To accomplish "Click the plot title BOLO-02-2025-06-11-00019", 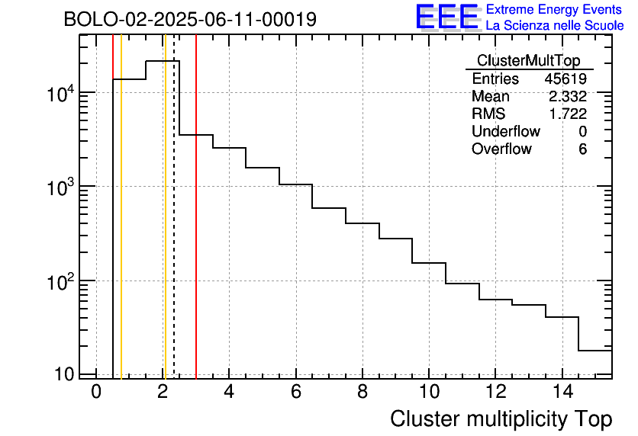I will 190,20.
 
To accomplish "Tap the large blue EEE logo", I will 447,17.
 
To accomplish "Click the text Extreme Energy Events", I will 555,10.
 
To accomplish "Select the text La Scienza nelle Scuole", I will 555,26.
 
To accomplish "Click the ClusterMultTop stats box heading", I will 528,61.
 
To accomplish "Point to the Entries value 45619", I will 565,79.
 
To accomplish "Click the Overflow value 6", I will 582,149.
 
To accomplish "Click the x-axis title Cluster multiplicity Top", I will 501,418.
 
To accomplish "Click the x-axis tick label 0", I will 96,393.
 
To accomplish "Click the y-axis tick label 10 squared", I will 60,281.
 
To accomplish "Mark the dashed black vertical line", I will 174,229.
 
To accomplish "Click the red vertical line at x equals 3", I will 196,229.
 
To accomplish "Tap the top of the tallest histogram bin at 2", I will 163,60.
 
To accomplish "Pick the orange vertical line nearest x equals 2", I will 165,229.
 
